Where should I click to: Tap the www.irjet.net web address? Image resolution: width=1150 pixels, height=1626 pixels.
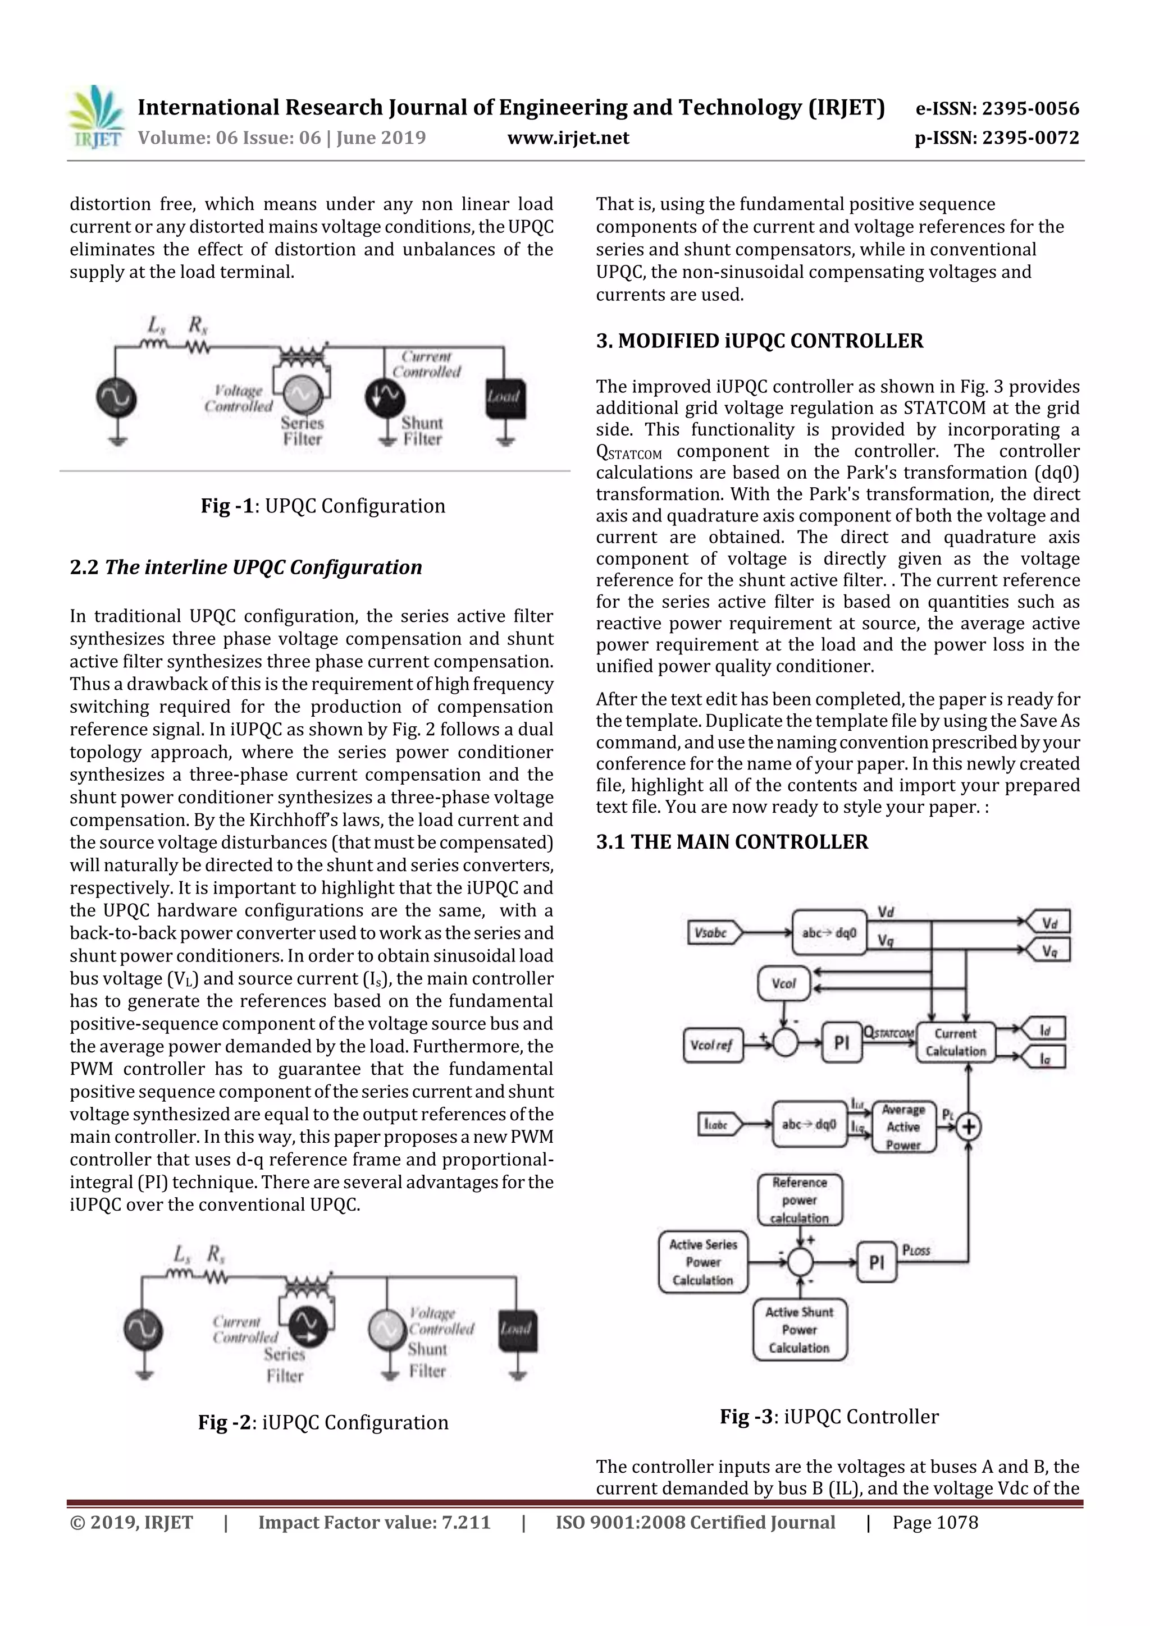click(x=568, y=138)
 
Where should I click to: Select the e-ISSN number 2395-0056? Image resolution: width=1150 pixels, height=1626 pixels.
click(x=997, y=108)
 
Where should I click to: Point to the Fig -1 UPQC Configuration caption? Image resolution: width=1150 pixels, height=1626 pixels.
click(x=323, y=506)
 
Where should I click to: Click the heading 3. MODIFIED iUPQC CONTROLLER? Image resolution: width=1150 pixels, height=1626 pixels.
click(x=760, y=341)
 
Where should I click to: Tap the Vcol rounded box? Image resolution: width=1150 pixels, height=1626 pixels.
click(x=784, y=984)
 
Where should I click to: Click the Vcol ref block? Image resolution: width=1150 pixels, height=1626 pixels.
click(x=713, y=1045)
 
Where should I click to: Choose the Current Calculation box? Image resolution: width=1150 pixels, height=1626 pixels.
click(x=956, y=1042)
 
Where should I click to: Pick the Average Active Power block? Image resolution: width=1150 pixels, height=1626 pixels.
click(x=903, y=1126)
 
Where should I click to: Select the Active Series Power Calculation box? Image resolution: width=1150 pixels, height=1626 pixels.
click(x=703, y=1262)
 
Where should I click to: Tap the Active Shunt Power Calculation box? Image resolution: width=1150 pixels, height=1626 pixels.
click(x=800, y=1329)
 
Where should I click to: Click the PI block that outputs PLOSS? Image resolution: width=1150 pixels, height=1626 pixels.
click(x=877, y=1262)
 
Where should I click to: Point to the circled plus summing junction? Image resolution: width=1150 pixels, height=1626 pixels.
click(x=968, y=1126)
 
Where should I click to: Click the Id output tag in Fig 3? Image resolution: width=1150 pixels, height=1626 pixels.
click(x=1044, y=1030)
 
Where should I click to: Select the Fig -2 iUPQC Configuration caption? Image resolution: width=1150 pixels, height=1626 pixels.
click(x=323, y=1422)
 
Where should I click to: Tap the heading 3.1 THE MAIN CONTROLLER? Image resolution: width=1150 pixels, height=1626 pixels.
click(x=732, y=842)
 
